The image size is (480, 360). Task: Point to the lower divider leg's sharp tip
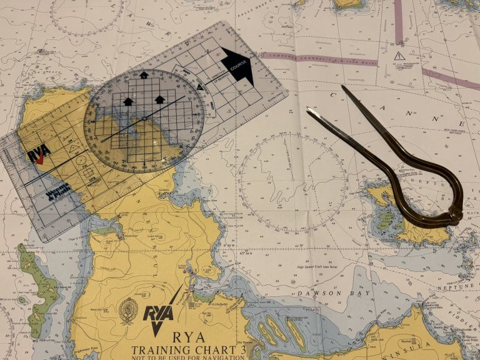click(x=307, y=110)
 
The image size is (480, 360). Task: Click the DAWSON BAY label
click(x=325, y=292)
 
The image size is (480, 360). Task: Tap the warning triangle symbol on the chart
click(x=399, y=56)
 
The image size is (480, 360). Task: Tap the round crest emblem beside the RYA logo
click(x=128, y=310)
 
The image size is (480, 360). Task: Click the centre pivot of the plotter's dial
click(x=144, y=118)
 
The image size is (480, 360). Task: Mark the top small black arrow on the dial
click(x=144, y=75)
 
